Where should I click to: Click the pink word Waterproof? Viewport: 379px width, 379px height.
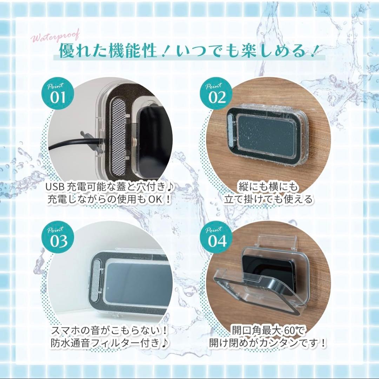[x=55, y=37]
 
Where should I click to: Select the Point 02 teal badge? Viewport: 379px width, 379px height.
[x=216, y=93]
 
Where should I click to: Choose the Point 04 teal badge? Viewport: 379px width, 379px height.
[x=216, y=237]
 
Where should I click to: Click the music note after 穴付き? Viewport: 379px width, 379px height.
[x=170, y=187]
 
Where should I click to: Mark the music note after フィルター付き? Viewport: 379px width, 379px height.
[x=165, y=343]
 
